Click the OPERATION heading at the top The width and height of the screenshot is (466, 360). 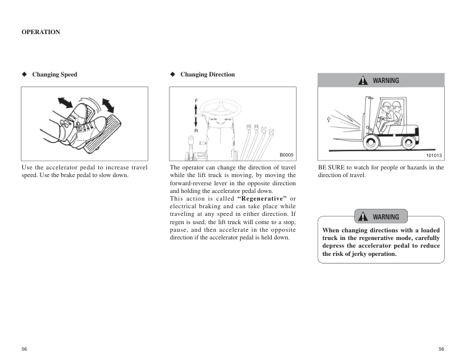[x=41, y=32]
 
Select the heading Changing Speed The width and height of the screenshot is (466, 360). [x=54, y=75]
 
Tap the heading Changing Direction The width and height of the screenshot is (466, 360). [x=207, y=75]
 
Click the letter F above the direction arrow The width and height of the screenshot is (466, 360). [x=197, y=101]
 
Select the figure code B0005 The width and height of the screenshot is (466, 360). [x=286, y=155]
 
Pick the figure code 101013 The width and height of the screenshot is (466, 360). [x=434, y=155]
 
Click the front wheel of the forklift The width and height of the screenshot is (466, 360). [x=372, y=141]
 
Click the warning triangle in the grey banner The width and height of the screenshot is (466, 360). [x=365, y=81]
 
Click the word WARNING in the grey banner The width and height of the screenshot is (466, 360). [x=385, y=81]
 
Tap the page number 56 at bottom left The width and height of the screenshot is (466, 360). [x=24, y=349]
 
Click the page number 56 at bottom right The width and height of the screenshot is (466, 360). [x=441, y=349]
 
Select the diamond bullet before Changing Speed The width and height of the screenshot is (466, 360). [x=24, y=75]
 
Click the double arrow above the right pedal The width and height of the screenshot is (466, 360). [x=108, y=105]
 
